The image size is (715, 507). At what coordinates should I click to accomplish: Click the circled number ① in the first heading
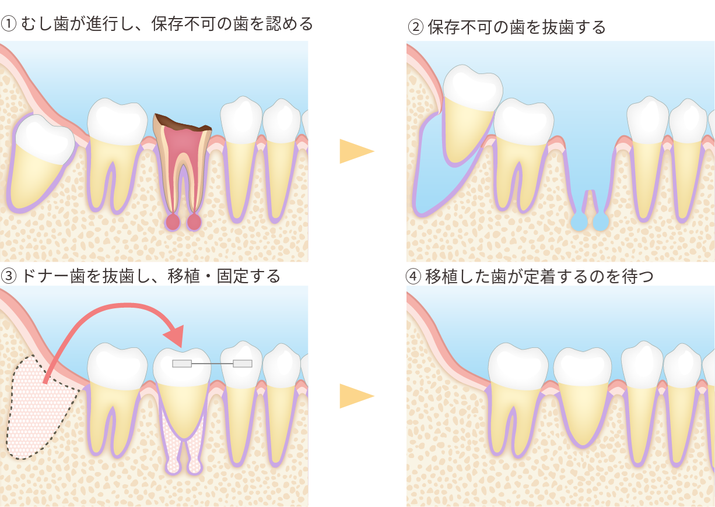tap(9, 24)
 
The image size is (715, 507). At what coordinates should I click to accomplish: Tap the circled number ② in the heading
tap(416, 27)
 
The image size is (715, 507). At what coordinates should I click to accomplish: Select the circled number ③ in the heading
tap(9, 276)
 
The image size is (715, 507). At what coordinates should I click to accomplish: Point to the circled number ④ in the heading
tap(413, 276)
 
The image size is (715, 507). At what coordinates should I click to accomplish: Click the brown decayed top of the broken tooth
tap(182, 124)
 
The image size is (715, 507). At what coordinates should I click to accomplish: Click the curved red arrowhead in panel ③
tap(175, 336)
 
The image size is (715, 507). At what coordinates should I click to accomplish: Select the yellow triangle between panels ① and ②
tap(356, 151)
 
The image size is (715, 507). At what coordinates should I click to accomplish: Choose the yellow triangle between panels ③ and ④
tap(356, 396)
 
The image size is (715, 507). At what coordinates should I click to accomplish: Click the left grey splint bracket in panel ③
tap(182, 364)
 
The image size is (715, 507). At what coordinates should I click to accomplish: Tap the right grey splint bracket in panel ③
tap(243, 364)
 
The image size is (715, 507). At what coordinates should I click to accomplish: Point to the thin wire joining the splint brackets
tap(212, 364)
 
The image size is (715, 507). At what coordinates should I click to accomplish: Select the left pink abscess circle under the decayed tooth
tap(173, 222)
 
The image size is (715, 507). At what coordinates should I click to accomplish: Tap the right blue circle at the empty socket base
tap(601, 221)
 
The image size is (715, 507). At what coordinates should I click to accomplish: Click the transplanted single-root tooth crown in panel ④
tap(583, 367)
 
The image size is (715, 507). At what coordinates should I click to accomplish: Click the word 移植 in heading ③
tap(184, 276)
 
